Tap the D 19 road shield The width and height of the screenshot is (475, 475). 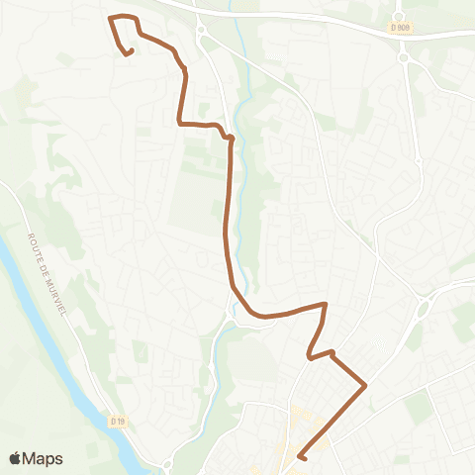(118, 422)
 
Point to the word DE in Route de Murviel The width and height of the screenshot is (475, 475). (42, 256)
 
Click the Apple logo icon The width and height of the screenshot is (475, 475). (15, 458)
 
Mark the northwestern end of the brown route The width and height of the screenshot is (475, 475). (130, 51)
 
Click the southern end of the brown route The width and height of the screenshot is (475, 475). (300, 456)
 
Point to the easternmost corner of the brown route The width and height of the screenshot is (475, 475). (366, 384)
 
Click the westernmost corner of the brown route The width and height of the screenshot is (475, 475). (110, 18)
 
